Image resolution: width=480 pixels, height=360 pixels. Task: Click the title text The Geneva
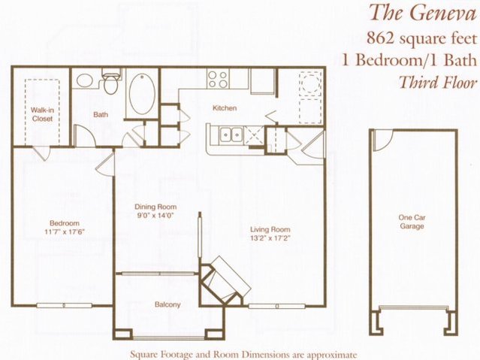click(x=423, y=13)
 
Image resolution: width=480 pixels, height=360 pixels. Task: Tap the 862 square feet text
click(x=422, y=38)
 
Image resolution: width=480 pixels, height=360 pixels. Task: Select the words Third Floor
click(x=439, y=82)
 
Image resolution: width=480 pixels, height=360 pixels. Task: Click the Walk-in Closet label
click(x=42, y=114)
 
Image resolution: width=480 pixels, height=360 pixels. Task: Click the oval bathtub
click(x=142, y=93)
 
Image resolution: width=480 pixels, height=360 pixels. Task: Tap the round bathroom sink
click(x=85, y=80)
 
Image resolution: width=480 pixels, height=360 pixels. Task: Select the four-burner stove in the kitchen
click(x=218, y=79)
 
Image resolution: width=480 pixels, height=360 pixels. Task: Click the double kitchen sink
click(x=231, y=135)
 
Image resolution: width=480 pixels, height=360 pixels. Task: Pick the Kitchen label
click(x=225, y=107)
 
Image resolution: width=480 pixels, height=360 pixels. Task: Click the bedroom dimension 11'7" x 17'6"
click(x=65, y=232)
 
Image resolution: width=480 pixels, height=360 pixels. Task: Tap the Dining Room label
click(x=155, y=207)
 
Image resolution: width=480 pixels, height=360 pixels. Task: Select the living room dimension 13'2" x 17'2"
click(x=270, y=237)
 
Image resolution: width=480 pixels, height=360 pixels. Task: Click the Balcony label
click(x=168, y=304)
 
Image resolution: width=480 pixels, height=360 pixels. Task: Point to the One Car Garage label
click(x=412, y=222)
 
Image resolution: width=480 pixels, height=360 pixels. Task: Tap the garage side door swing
click(x=383, y=141)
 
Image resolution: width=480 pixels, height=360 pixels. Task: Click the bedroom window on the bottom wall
click(x=65, y=305)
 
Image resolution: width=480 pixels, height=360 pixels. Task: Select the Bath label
click(x=101, y=114)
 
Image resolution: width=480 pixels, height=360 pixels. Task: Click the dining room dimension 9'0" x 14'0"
click(x=155, y=215)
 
